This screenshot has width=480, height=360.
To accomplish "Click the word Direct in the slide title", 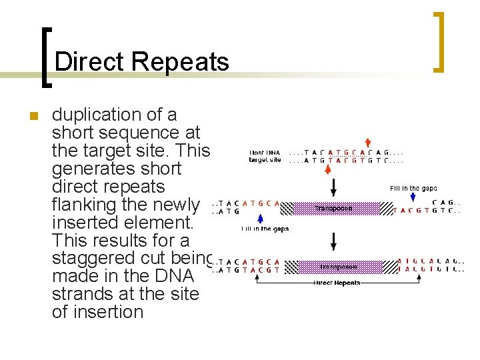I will [x=89, y=62].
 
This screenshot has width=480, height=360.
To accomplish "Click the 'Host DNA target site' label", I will [x=265, y=156].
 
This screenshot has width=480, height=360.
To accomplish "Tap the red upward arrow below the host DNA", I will [x=327, y=170].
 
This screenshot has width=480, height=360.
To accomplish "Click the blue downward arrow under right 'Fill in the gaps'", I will [x=413, y=198].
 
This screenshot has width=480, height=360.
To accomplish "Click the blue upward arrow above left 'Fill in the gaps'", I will [x=261, y=218].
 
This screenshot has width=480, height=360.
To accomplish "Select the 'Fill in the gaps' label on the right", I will [x=413, y=189].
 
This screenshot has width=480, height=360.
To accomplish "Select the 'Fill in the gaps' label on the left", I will [x=265, y=229].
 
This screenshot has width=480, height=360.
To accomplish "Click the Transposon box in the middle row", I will [x=333, y=209].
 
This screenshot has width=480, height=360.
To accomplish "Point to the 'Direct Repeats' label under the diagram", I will [x=337, y=283].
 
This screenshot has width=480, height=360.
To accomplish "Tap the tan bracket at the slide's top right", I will [x=439, y=41].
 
